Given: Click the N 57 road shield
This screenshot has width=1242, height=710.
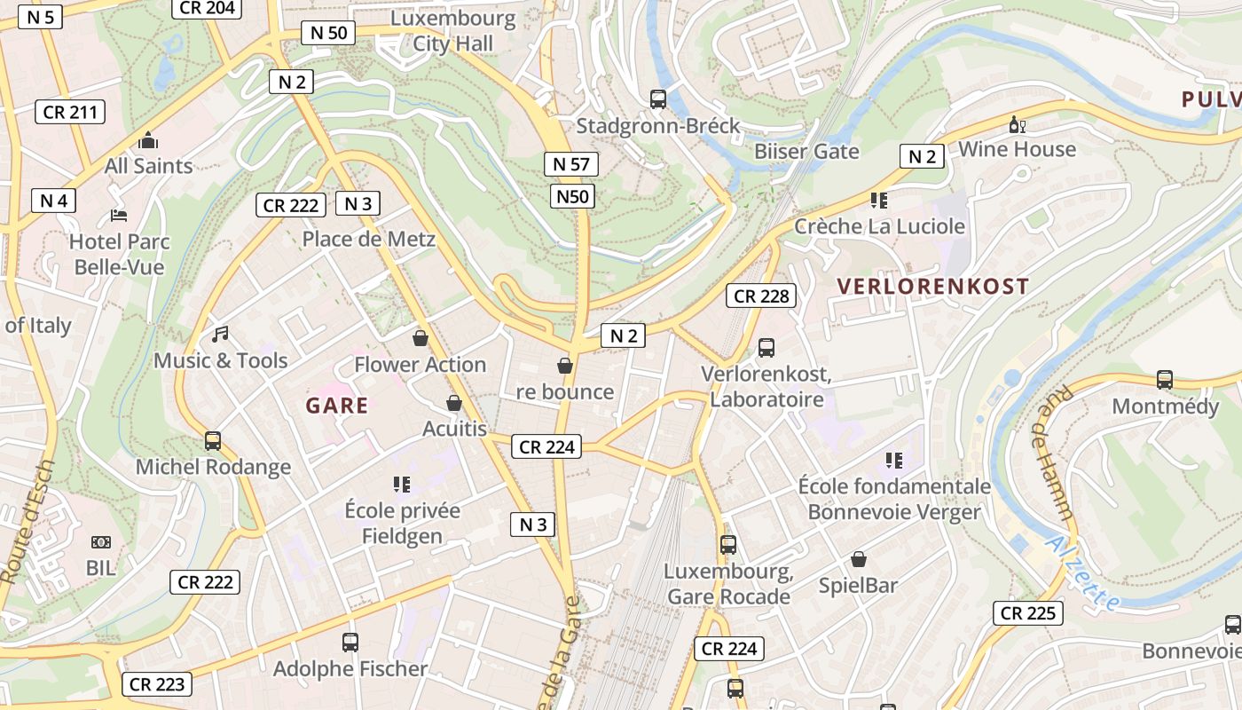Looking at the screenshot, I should coord(571,164).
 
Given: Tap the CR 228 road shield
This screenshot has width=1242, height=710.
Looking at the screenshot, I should coord(761,296).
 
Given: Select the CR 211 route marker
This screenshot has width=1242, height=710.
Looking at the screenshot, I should coord(70,112).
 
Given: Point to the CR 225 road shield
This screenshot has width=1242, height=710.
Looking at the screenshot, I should coord(1027,613).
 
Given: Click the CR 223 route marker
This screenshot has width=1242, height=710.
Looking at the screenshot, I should coord(157,684).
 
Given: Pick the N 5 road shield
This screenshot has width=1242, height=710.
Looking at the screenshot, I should coord(40,17).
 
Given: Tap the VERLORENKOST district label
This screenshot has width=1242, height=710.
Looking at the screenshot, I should coord(932,287).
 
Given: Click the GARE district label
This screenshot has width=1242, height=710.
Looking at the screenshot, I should coord(337,406).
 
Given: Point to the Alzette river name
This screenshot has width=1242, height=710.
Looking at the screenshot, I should coord(1082,572).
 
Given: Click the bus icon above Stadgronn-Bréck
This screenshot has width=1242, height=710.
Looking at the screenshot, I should coord(658,99).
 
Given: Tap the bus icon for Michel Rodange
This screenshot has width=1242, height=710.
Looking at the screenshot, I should coord(213,441).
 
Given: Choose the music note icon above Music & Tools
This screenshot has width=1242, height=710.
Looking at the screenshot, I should coord(220,335).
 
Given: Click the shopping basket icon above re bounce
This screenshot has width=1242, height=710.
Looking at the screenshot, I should coord(564,366).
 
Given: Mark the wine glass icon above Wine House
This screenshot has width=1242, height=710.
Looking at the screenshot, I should coord(1017,124).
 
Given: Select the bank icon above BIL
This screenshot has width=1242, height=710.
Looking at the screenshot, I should coord(101,542).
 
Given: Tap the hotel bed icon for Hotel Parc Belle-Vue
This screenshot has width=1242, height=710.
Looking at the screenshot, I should coord(119,216).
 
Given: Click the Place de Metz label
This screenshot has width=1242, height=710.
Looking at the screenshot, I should coord(369,239).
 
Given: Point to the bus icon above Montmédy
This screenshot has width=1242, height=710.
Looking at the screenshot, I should coord(1165,380).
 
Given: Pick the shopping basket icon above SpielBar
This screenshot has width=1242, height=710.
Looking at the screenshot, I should coord(859,559).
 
